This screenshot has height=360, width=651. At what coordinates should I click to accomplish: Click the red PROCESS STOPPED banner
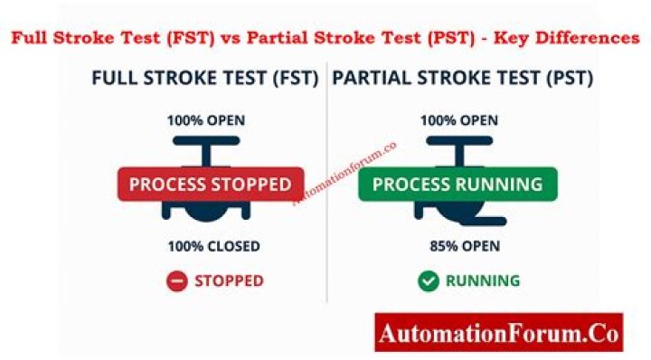(210, 185)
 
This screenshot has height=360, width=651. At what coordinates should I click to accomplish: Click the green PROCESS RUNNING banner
(458, 185)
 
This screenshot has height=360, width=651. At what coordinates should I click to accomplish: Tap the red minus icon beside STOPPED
(177, 281)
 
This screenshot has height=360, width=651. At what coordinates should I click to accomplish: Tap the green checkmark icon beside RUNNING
(428, 281)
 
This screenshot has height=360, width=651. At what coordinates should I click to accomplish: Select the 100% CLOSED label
(213, 246)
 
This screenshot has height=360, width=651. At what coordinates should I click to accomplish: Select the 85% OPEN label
(465, 246)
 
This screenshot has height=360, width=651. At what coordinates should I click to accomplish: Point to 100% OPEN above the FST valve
(205, 120)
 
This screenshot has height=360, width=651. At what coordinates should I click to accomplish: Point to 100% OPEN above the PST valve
(459, 120)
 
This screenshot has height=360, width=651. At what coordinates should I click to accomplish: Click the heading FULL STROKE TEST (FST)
(205, 79)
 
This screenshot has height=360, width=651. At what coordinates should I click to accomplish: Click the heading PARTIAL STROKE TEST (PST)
(463, 79)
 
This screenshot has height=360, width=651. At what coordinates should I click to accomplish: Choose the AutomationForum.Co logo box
(499, 333)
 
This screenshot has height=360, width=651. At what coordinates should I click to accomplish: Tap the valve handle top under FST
(206, 141)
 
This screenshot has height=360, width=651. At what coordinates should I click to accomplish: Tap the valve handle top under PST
(459, 141)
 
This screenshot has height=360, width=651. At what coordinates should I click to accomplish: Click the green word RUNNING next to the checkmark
(483, 281)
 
